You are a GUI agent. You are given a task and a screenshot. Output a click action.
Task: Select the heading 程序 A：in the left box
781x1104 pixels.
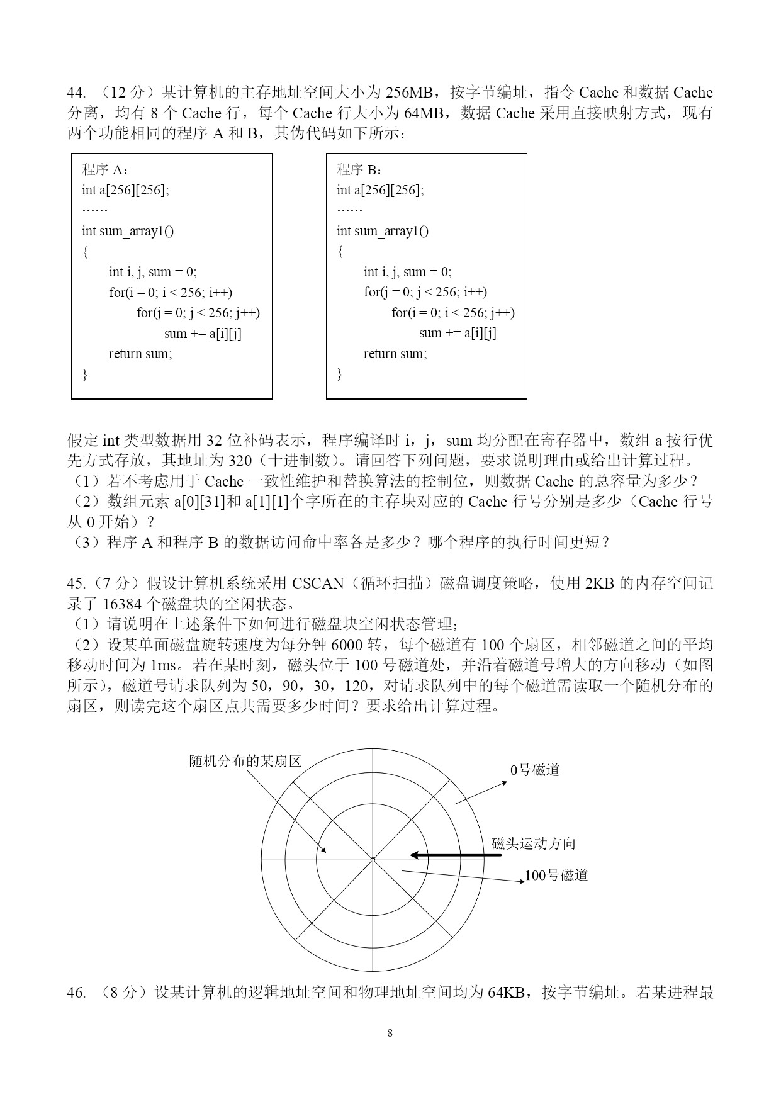coord(106,169)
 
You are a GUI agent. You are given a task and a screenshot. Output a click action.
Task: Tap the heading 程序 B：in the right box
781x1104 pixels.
coord(361,169)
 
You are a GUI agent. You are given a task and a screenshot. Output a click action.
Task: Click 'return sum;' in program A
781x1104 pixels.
coord(140,354)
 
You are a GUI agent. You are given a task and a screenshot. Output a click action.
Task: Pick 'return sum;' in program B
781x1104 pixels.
coord(395,354)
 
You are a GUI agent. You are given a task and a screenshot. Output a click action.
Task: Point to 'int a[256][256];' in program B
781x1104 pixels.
coord(380,190)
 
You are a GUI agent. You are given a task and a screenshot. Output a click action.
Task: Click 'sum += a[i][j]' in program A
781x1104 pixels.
coord(203,334)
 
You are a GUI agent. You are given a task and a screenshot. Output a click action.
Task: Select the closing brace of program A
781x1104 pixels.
coord(85,375)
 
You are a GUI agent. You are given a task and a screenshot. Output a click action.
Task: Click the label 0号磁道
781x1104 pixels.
coord(535,770)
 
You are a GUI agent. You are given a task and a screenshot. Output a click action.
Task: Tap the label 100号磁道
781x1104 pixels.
coord(556,876)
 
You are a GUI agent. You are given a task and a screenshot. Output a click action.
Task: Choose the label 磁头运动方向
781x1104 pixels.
coord(534,844)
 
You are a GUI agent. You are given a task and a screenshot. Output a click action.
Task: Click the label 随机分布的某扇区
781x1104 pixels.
coord(245,761)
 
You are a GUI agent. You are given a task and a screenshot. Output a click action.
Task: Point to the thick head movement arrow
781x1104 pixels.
coord(456,855)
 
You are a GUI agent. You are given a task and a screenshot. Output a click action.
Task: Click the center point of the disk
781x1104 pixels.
coord(373,859)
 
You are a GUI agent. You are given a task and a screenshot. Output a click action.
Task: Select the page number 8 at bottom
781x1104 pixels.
coord(390,1033)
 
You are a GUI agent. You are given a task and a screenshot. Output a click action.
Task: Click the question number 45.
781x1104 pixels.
coord(76,583)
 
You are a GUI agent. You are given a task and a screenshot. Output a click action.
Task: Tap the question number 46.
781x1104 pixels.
coord(76,993)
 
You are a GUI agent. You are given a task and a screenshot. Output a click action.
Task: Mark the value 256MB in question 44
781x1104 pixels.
coord(408,93)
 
